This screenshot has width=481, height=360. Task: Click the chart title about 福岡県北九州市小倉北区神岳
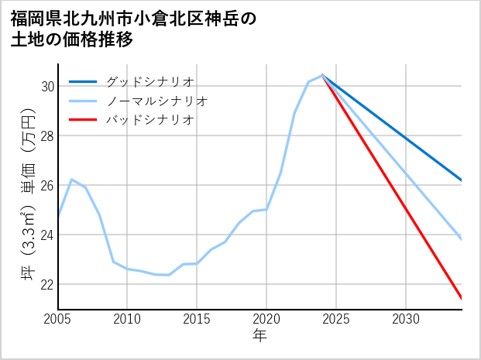point(133,29)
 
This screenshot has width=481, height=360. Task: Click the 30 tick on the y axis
point(47,86)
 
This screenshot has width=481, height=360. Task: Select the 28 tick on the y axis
point(47,135)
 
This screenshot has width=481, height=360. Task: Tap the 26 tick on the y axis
point(47,185)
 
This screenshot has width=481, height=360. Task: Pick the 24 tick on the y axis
point(47,235)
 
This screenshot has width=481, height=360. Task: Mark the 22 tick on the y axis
point(47,284)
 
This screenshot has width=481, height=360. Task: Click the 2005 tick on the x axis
point(58,319)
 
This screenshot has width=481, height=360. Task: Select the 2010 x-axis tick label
point(128,319)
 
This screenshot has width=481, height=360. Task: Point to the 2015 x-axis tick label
point(197,319)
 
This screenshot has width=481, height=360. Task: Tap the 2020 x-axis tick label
point(266,319)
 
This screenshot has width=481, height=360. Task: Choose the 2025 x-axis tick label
point(336,319)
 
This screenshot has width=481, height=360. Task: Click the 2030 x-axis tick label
point(406,319)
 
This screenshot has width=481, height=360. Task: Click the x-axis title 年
point(259,336)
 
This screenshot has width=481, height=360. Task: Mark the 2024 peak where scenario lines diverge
point(322,75)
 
